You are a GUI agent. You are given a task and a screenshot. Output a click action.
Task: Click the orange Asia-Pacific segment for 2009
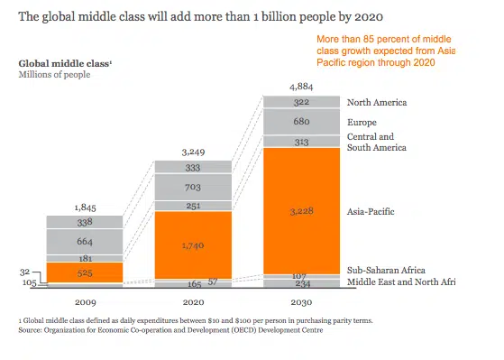85,272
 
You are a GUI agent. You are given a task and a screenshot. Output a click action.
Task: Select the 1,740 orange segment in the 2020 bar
193,245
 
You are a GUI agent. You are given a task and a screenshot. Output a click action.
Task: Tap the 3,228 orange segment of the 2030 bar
301,211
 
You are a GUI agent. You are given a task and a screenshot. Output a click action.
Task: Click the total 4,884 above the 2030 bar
301,87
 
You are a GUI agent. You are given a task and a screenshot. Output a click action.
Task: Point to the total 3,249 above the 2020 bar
193,152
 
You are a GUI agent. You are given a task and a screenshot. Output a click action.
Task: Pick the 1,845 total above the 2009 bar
85,208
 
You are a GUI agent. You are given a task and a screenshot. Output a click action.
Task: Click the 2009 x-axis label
86,302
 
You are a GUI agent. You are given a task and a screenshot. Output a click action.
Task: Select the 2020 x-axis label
194,302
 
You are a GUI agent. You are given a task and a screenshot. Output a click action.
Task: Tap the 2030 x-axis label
301,302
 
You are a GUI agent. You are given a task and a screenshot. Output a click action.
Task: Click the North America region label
377,103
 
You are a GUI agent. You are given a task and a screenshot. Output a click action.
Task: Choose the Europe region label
362,122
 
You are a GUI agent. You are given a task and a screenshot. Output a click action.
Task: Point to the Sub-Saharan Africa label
386,271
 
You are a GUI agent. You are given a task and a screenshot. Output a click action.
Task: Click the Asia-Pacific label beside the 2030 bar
371,212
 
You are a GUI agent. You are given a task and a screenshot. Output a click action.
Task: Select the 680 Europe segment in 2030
301,122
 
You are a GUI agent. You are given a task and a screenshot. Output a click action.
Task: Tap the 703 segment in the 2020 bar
193,188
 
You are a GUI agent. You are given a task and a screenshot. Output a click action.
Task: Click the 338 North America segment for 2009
85,222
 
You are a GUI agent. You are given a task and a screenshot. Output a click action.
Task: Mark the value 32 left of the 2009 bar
24,272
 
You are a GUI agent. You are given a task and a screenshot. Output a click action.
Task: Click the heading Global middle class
65,63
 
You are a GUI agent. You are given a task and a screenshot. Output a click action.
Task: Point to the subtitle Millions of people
54,75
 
